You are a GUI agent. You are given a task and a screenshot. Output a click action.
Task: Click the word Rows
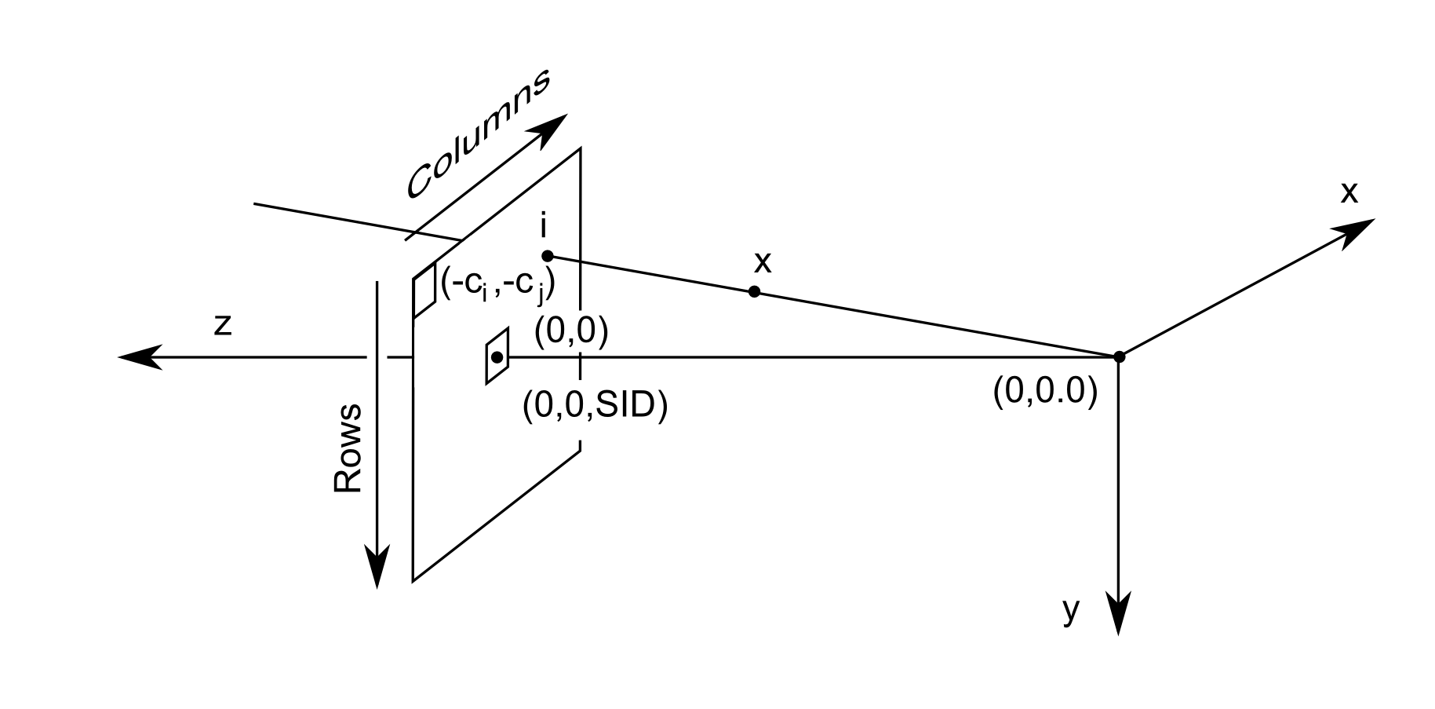point(348,448)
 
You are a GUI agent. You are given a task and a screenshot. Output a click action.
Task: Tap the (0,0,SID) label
point(595,406)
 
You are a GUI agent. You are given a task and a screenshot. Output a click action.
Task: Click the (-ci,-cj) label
point(498,287)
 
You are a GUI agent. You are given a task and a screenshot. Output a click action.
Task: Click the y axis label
point(1071,610)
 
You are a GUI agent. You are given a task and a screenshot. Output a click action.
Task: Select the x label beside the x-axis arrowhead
point(1349,192)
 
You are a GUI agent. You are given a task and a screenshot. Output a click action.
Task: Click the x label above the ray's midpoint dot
point(762,262)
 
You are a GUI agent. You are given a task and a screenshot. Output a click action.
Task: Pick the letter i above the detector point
point(544,226)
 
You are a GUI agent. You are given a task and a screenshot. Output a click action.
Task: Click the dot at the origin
point(1120,356)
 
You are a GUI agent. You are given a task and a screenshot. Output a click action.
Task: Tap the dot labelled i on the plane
point(548,256)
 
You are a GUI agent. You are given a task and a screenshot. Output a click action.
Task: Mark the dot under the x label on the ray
point(754,291)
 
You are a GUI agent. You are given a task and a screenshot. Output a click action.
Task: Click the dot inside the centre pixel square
point(497,357)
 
